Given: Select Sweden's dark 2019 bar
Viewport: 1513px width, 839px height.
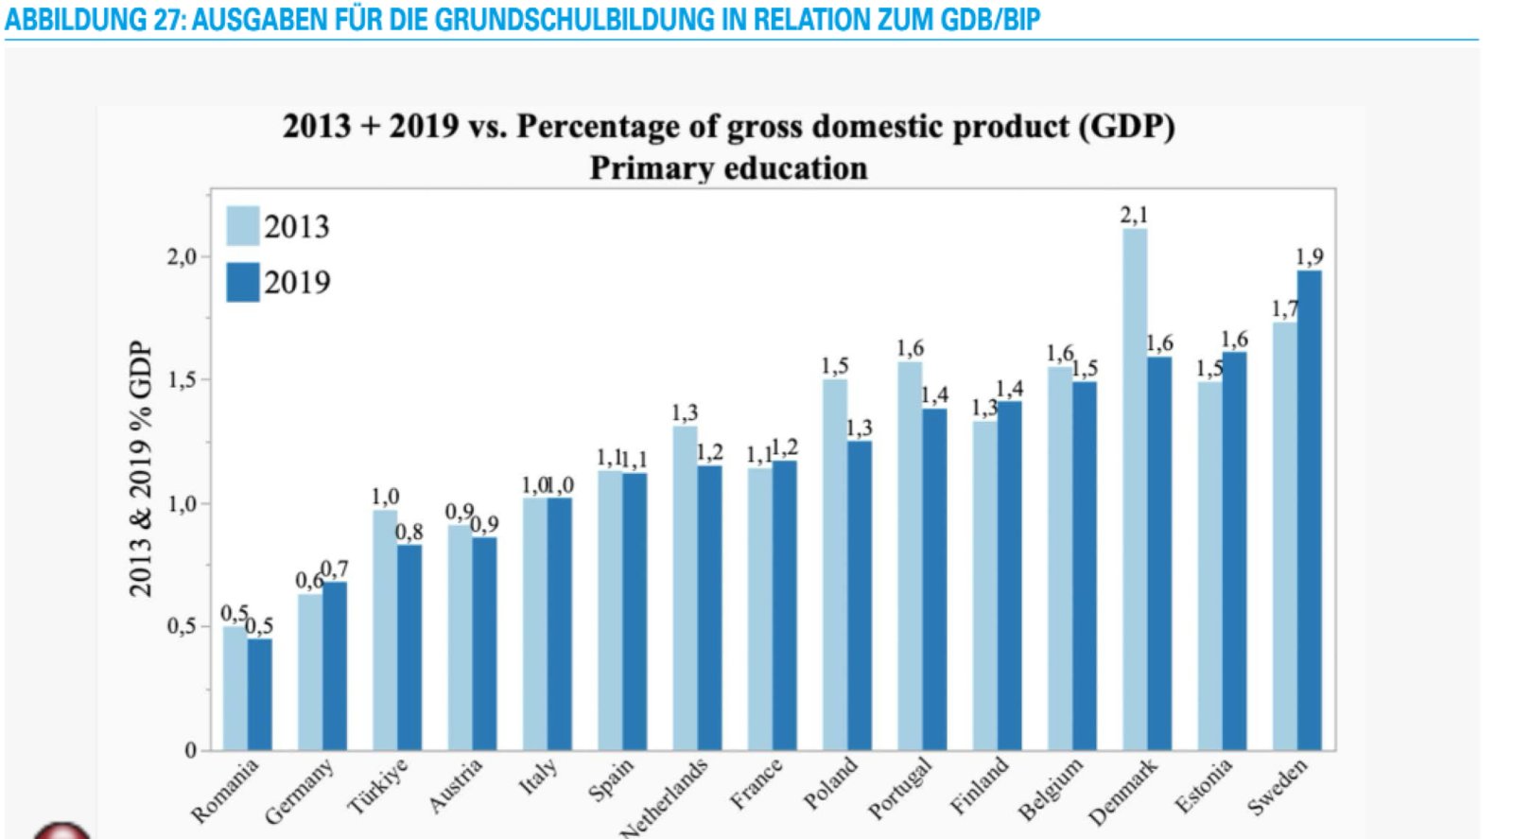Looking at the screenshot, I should [x=1310, y=511].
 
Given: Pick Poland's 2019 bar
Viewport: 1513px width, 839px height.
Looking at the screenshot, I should [x=860, y=596].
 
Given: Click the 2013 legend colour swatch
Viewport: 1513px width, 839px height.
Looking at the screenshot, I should [x=243, y=226].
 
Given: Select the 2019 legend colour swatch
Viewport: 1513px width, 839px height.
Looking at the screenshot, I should [x=243, y=282].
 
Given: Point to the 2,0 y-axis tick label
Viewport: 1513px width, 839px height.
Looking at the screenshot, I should [x=182, y=256].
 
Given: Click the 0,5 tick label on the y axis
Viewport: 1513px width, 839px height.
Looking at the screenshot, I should [x=182, y=626].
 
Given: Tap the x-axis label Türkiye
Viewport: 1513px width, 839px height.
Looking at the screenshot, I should [x=378, y=787].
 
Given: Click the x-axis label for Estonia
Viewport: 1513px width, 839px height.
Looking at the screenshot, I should [x=1204, y=786].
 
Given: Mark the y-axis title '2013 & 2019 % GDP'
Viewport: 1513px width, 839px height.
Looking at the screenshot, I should [x=140, y=468].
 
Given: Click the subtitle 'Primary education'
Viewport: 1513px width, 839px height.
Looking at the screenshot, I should [x=728, y=168].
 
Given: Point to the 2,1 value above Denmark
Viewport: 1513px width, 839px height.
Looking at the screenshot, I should [x=1134, y=215].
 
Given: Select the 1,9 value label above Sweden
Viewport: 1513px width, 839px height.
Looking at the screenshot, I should [x=1309, y=256].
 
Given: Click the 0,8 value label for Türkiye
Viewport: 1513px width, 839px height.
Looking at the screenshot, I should [x=409, y=532].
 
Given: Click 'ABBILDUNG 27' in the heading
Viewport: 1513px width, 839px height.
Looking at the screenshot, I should [x=93, y=19].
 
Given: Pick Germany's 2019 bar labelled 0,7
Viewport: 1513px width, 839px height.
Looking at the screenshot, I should [x=335, y=666].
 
